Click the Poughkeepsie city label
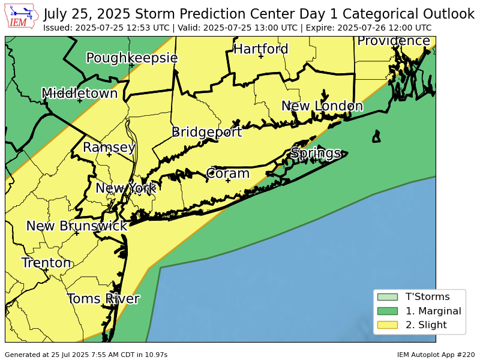(131, 58)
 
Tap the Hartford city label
(260, 49)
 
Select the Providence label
(394, 41)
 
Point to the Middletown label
(79, 93)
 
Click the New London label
(322, 106)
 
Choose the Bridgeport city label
(206, 132)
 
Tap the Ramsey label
(109, 147)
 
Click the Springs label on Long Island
(316, 153)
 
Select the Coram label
(227, 173)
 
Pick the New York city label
(125, 188)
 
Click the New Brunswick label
(77, 226)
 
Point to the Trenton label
(46, 263)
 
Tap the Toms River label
(103, 299)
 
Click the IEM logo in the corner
(22, 16)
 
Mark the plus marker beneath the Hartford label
(260, 56)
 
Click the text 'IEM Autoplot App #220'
(436, 355)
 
